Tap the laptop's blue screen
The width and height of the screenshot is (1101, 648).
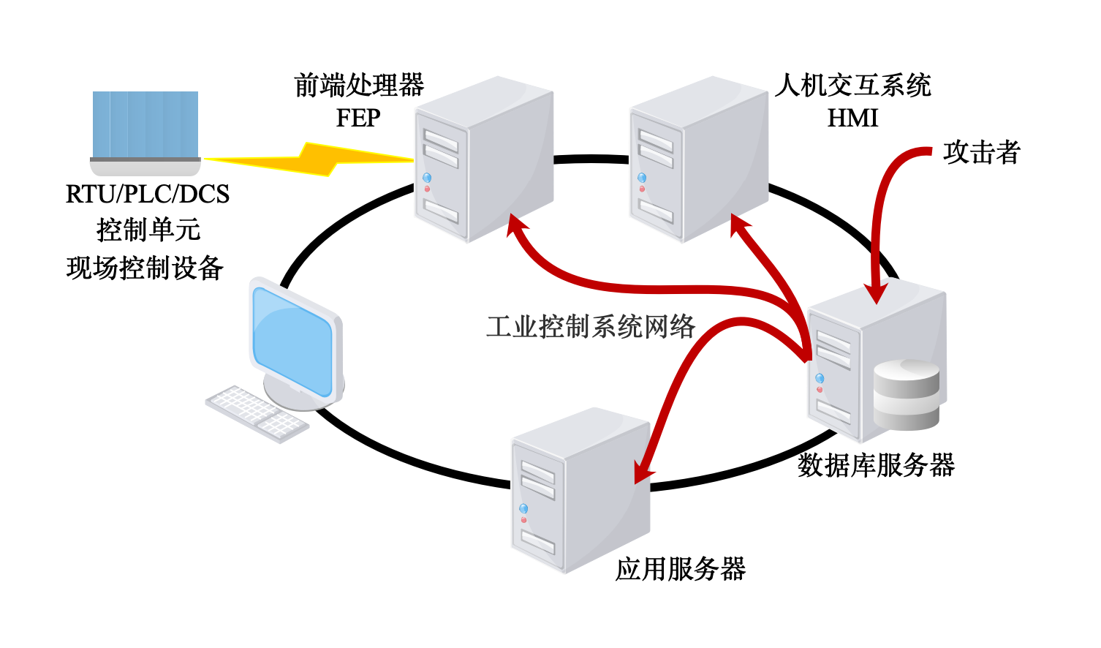(x=145, y=124)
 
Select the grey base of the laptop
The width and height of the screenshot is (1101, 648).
(x=145, y=167)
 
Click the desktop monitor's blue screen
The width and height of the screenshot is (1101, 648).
(x=292, y=340)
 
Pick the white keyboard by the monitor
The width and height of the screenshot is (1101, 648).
(x=257, y=413)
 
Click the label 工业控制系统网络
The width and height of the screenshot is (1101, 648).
(x=591, y=327)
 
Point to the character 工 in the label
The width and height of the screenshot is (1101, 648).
(x=499, y=327)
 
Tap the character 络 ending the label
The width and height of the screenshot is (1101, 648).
(x=683, y=327)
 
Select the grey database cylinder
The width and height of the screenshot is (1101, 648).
(x=907, y=395)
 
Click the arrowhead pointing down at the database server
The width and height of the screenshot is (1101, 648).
(x=875, y=293)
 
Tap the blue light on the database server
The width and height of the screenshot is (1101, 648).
(x=820, y=378)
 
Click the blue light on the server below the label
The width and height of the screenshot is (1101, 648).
(x=523, y=508)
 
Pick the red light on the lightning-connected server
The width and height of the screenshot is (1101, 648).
(x=427, y=189)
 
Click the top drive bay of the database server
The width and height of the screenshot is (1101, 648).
(x=833, y=342)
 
